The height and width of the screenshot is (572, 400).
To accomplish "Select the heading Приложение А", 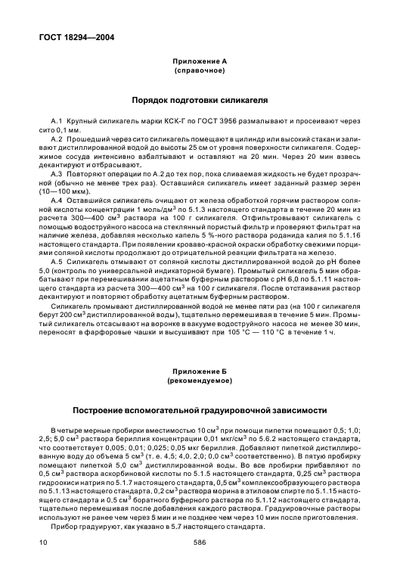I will [200, 61].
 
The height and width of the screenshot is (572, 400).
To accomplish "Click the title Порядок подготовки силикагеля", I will [200, 100].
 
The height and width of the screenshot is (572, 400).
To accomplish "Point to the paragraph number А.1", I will [57, 122].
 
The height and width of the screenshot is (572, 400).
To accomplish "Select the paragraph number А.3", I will [57, 173].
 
